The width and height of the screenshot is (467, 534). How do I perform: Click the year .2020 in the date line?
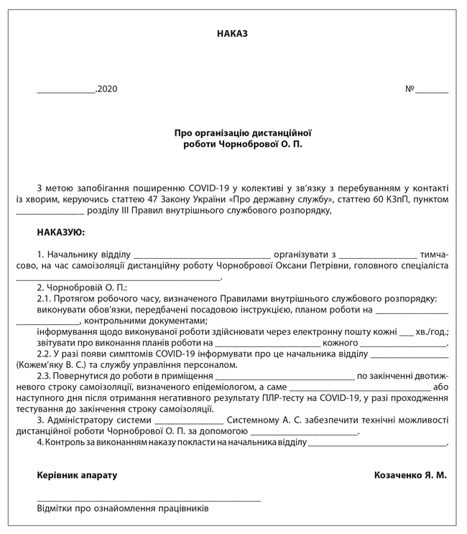106,90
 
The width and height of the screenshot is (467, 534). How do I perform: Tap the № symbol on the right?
410,90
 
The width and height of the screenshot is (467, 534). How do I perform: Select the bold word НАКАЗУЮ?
61,232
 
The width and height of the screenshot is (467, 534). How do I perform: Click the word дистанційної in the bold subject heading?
280,133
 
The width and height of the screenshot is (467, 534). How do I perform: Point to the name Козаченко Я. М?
410,475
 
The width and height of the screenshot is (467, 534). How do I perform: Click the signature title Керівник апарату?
77,475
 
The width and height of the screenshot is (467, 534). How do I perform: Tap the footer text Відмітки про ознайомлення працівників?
123,508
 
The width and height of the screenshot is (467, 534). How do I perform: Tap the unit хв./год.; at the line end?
433,331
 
